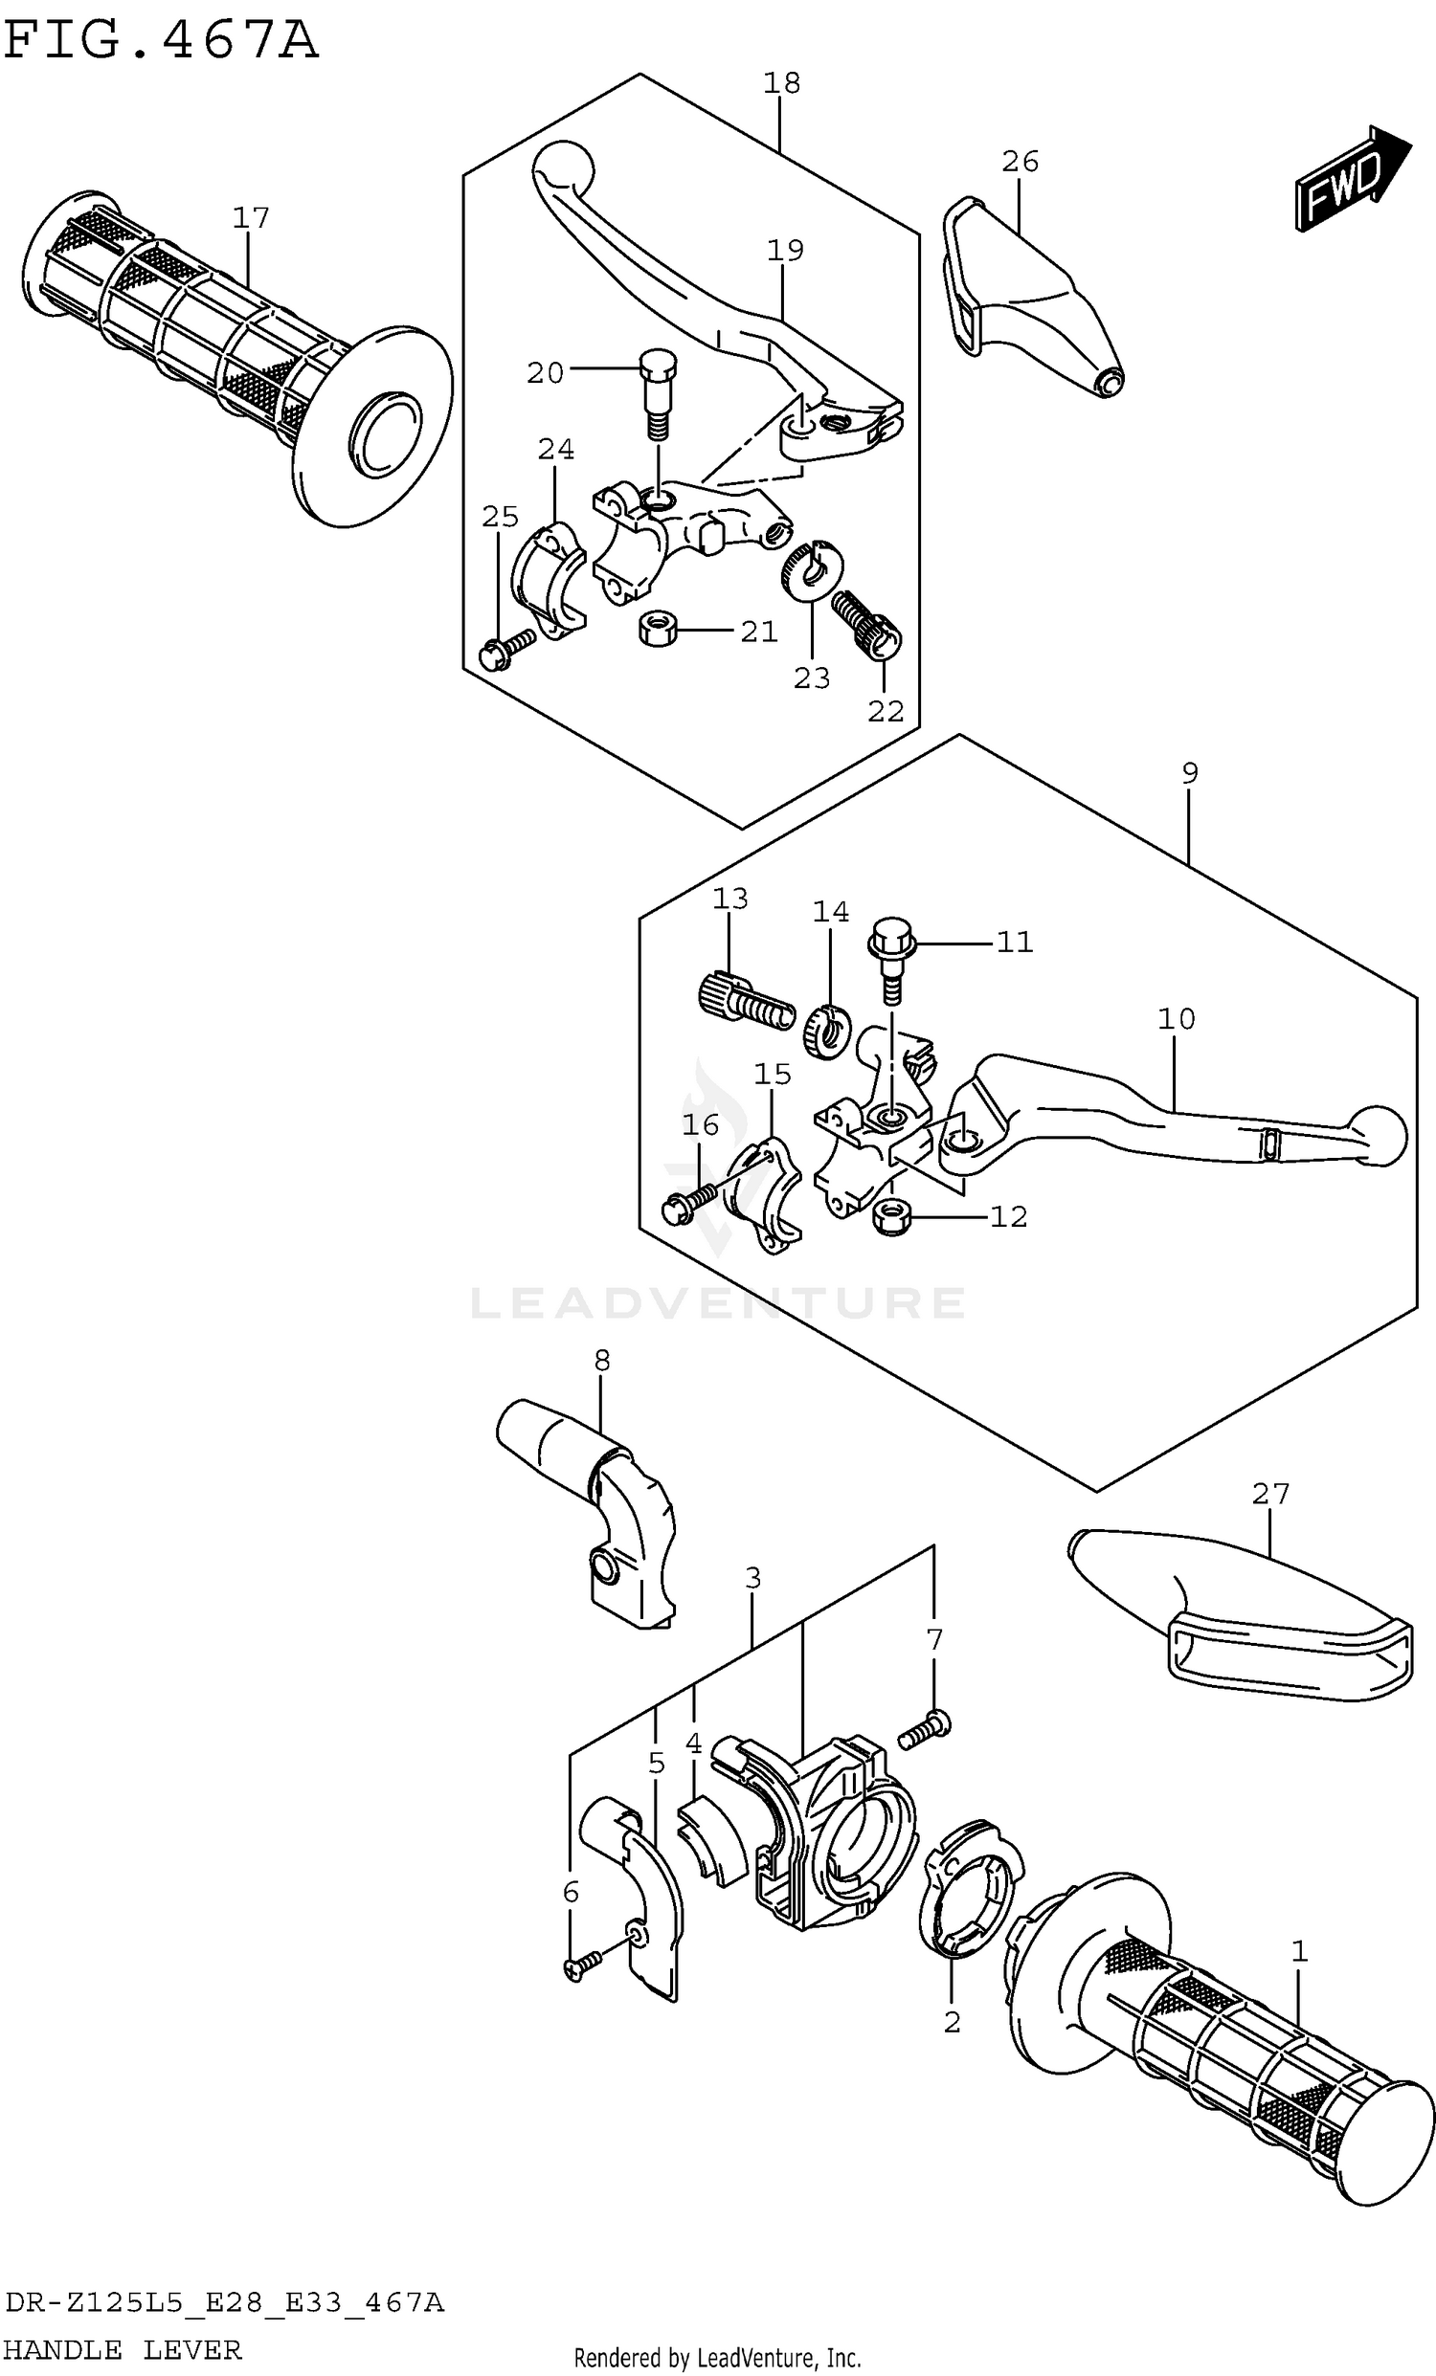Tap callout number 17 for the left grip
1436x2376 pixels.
[x=250, y=218]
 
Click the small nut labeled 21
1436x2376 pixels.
[x=658, y=631]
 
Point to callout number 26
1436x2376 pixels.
[x=1020, y=161]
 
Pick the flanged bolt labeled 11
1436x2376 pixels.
[x=892, y=951]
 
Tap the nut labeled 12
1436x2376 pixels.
[x=893, y=1218]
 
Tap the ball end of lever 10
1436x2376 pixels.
[x=1378, y=1135]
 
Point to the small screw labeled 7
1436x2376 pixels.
[x=924, y=1727]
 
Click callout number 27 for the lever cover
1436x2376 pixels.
[x=1269, y=1494]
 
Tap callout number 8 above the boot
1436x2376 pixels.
[x=602, y=1360]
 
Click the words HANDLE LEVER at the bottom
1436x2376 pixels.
[x=123, y=2350]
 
